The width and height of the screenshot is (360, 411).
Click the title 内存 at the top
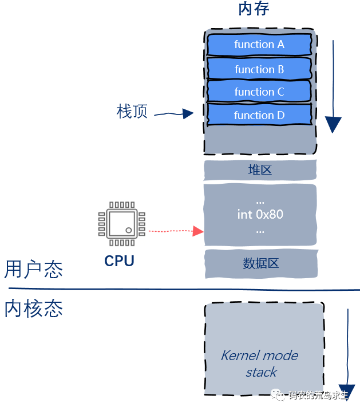coord(254,10)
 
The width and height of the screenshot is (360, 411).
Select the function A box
coord(259,44)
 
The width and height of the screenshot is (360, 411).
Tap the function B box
coord(259,69)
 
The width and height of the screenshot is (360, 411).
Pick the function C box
coord(259,92)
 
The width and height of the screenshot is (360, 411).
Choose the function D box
coord(259,115)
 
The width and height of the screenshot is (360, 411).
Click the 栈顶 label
coord(132,112)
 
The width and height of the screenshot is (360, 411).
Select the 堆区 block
coord(260,170)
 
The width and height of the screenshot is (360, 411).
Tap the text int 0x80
coord(260,215)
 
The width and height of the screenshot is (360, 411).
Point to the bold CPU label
coord(119,261)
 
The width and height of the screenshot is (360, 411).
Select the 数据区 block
coord(260,264)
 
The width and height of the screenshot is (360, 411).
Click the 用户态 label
coord(33,269)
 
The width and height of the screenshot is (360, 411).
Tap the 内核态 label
coord(33,309)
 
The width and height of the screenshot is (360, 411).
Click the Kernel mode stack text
coord(260,363)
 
